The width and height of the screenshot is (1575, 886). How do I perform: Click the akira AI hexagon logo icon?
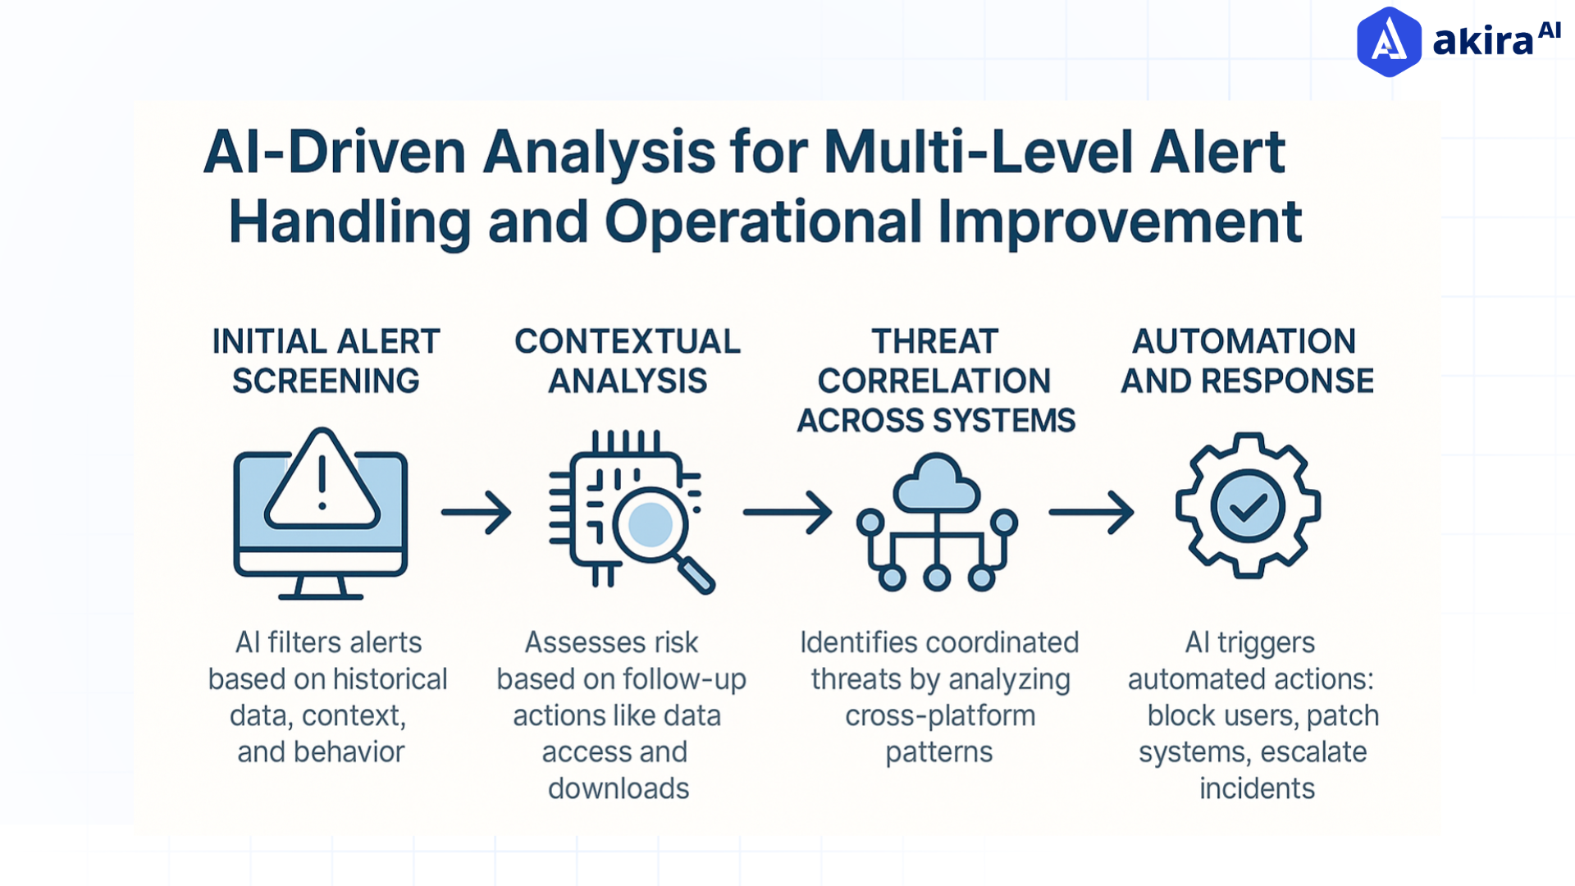pyautogui.click(x=1389, y=42)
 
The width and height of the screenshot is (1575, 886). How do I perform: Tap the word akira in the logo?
pyautogui.click(x=1482, y=42)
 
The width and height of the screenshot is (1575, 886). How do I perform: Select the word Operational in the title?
pyautogui.click(x=764, y=222)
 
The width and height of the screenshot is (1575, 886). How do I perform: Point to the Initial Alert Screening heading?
pyautogui.click(x=326, y=361)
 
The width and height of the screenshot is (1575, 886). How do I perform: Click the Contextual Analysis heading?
pyautogui.click(x=628, y=361)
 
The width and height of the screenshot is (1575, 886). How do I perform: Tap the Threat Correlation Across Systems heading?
pyautogui.click(x=936, y=381)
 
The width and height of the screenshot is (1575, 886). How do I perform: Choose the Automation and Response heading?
pyautogui.click(x=1246, y=361)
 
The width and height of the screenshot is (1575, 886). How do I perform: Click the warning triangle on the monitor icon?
pyautogui.click(x=322, y=483)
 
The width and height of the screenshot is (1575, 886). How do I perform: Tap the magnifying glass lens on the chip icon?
pyautogui.click(x=651, y=524)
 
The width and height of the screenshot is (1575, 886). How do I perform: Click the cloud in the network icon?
pyautogui.click(x=937, y=485)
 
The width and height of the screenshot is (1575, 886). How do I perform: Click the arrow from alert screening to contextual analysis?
pyautogui.click(x=477, y=513)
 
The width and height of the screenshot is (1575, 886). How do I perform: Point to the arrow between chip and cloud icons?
pyautogui.click(x=787, y=513)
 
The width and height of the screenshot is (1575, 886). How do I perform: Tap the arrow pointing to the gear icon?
pyautogui.click(x=1092, y=513)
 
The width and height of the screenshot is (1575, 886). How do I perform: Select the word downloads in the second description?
pyautogui.click(x=619, y=788)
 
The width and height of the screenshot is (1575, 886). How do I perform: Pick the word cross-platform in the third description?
pyautogui.click(x=940, y=715)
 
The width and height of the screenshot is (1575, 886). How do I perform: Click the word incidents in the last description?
pyautogui.click(x=1257, y=788)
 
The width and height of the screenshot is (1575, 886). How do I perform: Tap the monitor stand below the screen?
pyautogui.click(x=321, y=588)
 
